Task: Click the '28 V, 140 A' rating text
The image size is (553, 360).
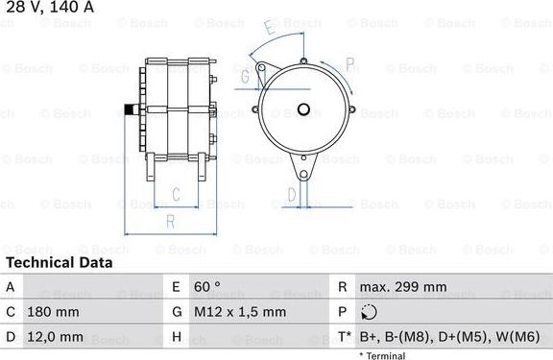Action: click(50, 7)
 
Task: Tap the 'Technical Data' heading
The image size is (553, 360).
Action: click(60, 263)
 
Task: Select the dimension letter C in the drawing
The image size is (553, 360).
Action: click(176, 194)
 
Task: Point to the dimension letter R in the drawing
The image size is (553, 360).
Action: click(171, 222)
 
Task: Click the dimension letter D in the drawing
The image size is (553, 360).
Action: click(292, 194)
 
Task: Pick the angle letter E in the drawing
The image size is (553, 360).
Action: click(271, 27)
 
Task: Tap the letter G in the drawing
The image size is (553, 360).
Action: click(245, 76)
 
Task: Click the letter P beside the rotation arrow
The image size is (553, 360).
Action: click(349, 63)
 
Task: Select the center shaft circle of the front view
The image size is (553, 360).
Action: click(303, 109)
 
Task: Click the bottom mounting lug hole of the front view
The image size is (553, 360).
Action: click(303, 174)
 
